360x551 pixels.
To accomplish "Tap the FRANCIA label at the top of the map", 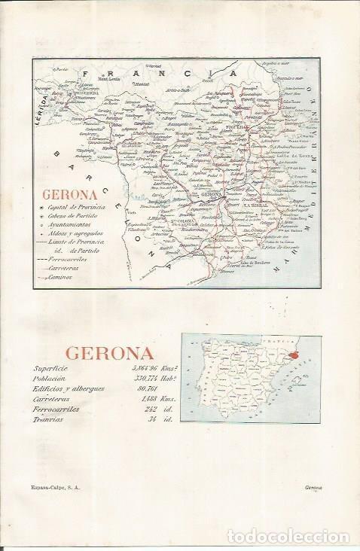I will (x=163, y=74).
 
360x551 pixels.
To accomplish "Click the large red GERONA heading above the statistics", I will (x=110, y=352).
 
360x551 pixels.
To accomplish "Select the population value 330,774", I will (x=141, y=379).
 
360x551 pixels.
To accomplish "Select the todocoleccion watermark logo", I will (x=296, y=535).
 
